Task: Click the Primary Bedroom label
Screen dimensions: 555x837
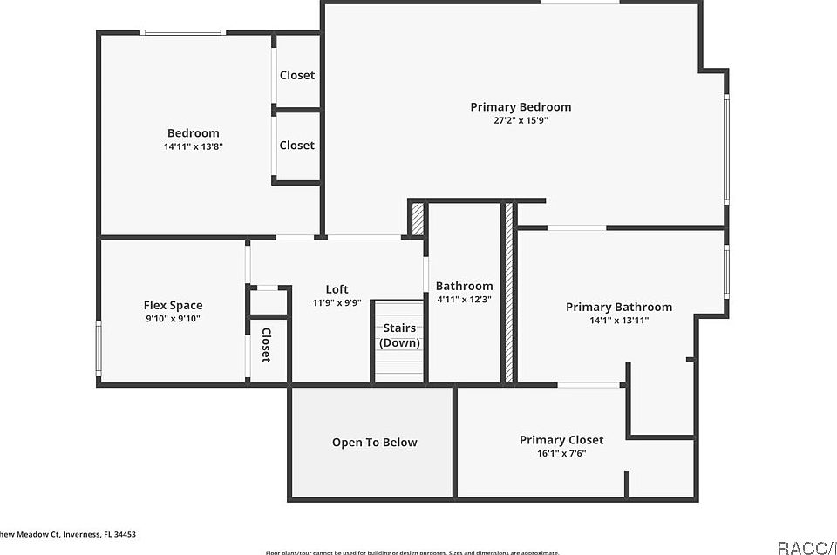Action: (521, 107)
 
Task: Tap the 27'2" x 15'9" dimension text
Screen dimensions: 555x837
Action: (521, 121)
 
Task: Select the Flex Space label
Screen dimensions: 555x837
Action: (173, 305)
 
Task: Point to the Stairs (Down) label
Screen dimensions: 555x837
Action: (399, 335)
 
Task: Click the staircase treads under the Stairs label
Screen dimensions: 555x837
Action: (399, 366)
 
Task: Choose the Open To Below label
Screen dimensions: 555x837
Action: (374, 443)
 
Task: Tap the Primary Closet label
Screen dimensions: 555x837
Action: (561, 440)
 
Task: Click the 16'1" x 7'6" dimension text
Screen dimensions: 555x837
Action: (561, 453)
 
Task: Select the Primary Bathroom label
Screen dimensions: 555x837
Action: (618, 307)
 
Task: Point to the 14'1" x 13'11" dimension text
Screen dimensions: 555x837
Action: (618, 321)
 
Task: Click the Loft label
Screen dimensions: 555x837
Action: (337, 289)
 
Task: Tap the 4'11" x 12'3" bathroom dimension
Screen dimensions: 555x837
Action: (464, 300)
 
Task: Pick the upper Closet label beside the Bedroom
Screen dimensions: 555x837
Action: (296, 75)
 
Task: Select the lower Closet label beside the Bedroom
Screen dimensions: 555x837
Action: (296, 146)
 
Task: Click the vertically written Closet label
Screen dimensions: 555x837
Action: (266, 344)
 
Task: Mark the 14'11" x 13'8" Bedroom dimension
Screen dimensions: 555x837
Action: (194, 147)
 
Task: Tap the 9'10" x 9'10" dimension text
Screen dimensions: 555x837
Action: (173, 319)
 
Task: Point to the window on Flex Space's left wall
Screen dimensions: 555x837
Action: (99, 348)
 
